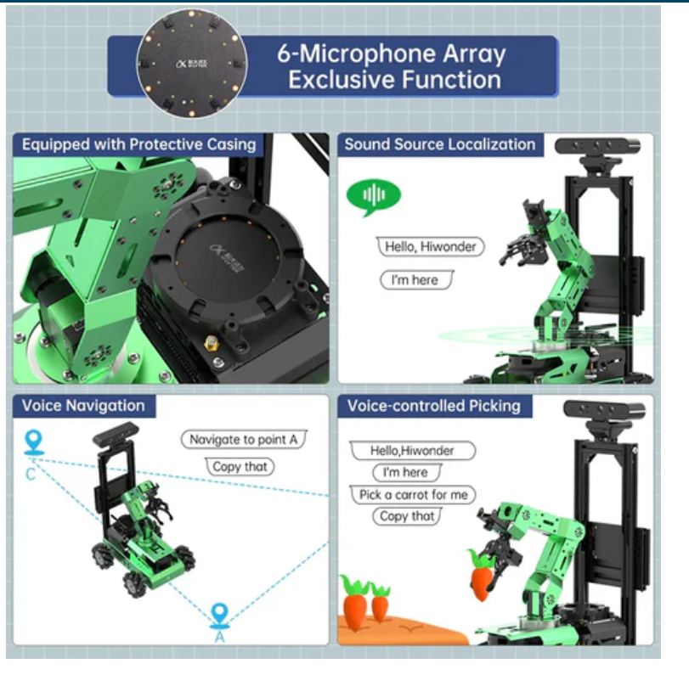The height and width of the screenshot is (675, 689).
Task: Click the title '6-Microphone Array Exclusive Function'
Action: tap(393, 66)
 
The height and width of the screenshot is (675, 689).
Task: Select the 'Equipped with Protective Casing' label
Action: tap(139, 144)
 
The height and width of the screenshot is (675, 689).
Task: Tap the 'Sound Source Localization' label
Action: tap(439, 144)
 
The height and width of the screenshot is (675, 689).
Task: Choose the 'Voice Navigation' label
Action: tap(83, 406)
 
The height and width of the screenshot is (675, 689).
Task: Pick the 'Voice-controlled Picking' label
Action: tap(433, 406)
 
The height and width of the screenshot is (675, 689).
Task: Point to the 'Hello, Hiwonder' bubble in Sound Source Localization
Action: tap(430, 246)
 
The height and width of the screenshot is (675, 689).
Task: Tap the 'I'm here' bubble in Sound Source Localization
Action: tap(415, 279)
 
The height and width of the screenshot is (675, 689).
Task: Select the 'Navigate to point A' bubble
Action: tap(243, 440)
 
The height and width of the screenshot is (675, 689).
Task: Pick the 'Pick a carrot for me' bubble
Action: tap(413, 494)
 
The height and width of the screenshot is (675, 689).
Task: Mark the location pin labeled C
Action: tap(33, 443)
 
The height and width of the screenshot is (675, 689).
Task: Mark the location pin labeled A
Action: tap(219, 615)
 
